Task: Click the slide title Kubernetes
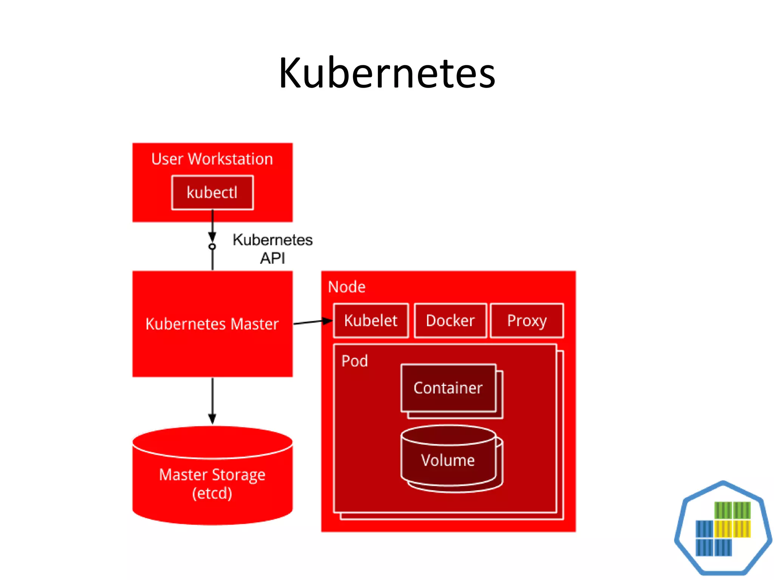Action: coord(387,73)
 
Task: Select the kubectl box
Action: coord(212,193)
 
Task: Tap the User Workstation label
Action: coord(212,159)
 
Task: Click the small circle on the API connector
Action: coord(212,247)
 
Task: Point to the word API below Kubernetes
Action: coord(272,258)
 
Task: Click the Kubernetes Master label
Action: coord(212,324)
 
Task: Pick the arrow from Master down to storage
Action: coord(212,400)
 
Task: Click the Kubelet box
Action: coord(371,321)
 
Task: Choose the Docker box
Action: coord(450,321)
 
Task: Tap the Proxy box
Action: coord(527,321)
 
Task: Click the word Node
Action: coord(347,287)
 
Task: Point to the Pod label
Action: coord(354,361)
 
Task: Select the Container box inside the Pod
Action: coord(448,388)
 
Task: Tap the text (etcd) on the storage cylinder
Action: coord(212,493)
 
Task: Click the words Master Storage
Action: coord(212,475)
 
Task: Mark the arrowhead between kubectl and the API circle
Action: coord(212,237)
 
